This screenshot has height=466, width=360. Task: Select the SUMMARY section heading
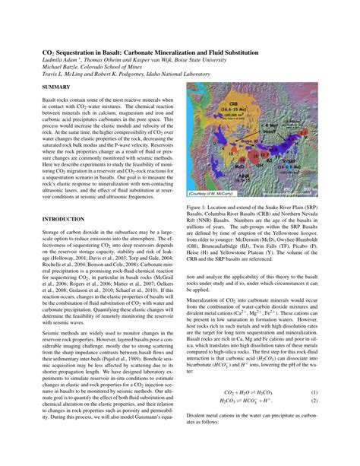[57, 89]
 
